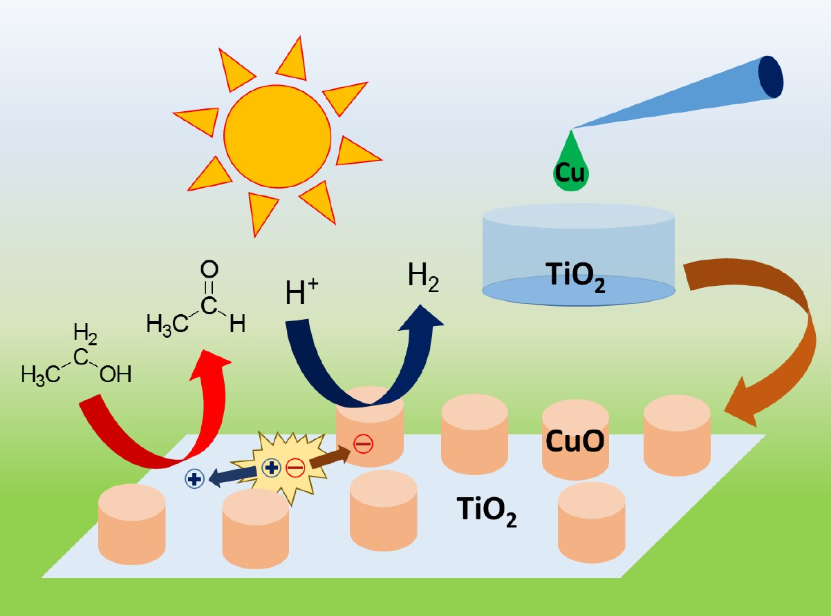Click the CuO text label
(x=575, y=441)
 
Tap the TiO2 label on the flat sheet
(x=487, y=512)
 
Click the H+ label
(x=303, y=292)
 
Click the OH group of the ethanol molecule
(x=115, y=375)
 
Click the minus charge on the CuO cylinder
(x=363, y=443)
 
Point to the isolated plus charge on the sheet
(x=194, y=479)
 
